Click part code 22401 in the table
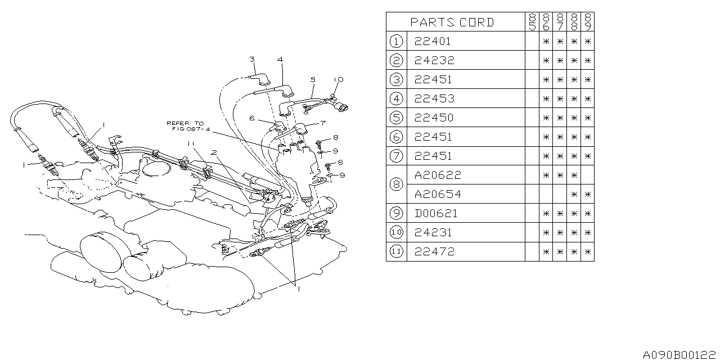tap(433, 41)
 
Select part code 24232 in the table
tap(434, 60)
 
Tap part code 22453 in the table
tap(433, 98)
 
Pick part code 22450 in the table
tap(434, 118)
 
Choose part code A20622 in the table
tap(437, 175)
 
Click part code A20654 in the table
tap(438, 194)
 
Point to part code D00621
tap(436, 213)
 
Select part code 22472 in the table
tap(434, 251)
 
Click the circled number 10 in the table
tap(396, 232)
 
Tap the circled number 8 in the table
tap(396, 184)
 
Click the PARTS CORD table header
tap(452, 22)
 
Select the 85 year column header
tap(532, 22)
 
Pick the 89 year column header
tap(588, 22)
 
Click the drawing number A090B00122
tap(681, 355)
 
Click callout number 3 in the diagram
tap(252, 59)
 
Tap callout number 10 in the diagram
tap(337, 80)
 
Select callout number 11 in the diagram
tap(191, 144)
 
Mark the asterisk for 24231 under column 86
tap(546, 232)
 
